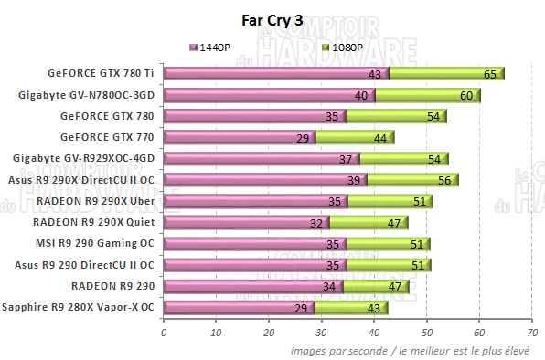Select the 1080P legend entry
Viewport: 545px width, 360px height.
point(344,47)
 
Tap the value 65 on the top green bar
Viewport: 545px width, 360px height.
point(490,74)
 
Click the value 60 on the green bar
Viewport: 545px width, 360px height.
point(465,95)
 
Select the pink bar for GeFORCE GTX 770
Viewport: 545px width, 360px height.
point(239,137)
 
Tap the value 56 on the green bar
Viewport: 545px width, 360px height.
point(443,180)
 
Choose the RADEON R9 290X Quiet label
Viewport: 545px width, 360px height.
point(95,221)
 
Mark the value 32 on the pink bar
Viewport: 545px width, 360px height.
point(316,222)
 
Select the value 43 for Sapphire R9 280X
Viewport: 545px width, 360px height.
point(375,308)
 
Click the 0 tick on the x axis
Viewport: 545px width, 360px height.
point(164,333)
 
